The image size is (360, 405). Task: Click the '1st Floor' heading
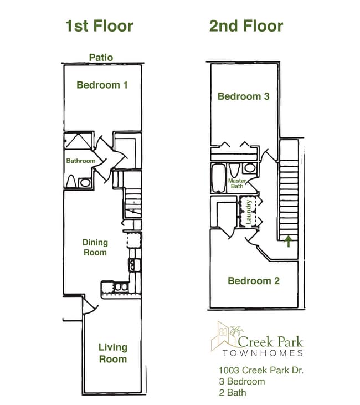pos(99,26)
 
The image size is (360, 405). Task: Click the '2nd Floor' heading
pos(246,26)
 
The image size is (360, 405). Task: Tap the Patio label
pos(101,57)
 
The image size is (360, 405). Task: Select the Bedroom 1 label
pos(102,85)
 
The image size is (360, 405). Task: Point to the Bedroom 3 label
pos(243,96)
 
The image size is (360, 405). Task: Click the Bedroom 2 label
pos(254,281)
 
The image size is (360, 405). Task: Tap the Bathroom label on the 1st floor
pos(81,161)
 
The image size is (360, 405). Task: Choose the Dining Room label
pos(95,247)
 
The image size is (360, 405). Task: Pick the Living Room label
pos(113,353)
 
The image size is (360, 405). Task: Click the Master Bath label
pos(238,184)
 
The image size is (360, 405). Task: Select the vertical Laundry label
pos(249,212)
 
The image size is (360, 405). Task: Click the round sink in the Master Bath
pos(249,168)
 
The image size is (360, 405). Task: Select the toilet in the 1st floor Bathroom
pos(71,181)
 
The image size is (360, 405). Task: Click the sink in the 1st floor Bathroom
pos(85,182)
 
